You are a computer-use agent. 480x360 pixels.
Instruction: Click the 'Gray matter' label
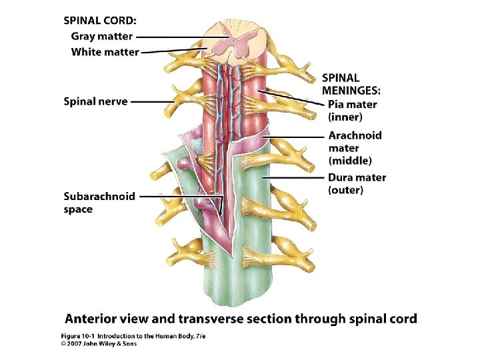point(101,37)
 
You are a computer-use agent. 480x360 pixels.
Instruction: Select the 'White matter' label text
point(105,51)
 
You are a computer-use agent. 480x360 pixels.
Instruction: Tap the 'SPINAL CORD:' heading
point(101,21)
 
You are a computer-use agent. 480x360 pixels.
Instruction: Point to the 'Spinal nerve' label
point(95,102)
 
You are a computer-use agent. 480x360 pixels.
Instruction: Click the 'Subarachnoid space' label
point(99,203)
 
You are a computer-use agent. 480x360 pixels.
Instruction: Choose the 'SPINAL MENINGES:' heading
point(351,84)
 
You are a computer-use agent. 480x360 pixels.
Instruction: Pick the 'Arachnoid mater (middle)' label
point(355,147)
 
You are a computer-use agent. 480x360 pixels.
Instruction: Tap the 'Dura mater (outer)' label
point(357,183)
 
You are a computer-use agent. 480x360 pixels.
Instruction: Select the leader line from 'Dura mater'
point(293,178)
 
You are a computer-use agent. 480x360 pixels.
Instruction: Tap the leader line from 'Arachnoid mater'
point(293,137)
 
